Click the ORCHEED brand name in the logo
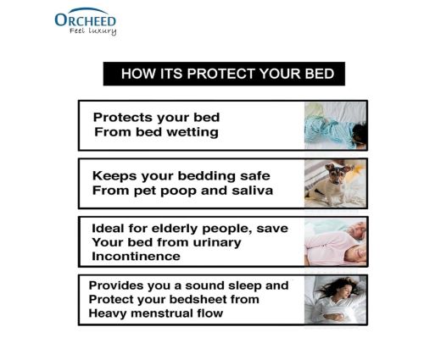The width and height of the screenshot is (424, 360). click(86, 19)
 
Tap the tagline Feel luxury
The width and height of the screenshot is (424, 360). click(93, 30)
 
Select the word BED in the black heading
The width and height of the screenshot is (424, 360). click(320, 74)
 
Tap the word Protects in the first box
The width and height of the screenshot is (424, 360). click(123, 117)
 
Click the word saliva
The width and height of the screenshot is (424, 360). click(252, 191)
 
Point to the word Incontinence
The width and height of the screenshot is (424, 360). click(136, 257)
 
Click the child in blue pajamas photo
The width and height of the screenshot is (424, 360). click(336, 125)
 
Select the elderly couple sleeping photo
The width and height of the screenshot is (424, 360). click(336, 242)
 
